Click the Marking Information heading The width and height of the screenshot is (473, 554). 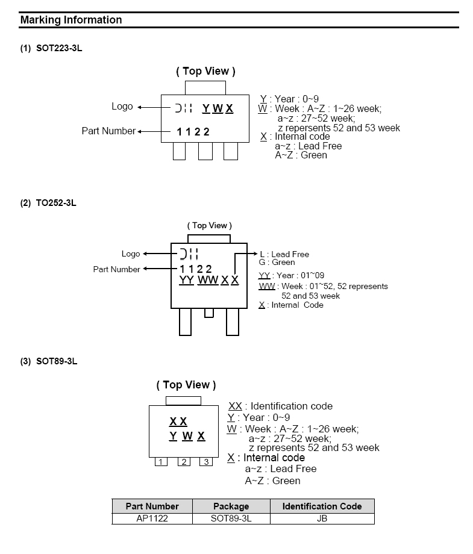click(71, 20)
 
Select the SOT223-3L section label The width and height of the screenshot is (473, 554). click(51, 48)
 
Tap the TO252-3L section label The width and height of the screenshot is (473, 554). click(49, 203)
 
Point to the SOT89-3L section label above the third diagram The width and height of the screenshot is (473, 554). click(49, 361)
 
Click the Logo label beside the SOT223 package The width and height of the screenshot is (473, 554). click(122, 107)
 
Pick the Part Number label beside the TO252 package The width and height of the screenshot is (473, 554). click(116, 269)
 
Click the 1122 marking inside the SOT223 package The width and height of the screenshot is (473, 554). click(193, 132)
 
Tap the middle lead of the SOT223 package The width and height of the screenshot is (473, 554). click(205, 151)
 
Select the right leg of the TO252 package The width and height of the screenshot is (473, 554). click(232, 322)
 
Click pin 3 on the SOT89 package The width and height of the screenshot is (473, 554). click(206, 462)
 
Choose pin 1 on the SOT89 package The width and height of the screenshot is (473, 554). click(161, 462)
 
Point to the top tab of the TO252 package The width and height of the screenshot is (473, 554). click(208, 239)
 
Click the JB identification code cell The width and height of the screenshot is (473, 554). click(322, 518)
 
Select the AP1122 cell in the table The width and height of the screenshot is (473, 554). click(152, 518)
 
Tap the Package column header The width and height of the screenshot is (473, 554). click(231, 506)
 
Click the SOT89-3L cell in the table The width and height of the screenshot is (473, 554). click(231, 518)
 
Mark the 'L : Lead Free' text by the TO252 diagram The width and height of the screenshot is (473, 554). click(284, 254)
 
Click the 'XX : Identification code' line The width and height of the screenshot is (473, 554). click(280, 406)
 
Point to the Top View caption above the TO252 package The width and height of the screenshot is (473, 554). click(209, 226)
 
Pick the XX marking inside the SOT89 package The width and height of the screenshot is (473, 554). click(178, 422)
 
